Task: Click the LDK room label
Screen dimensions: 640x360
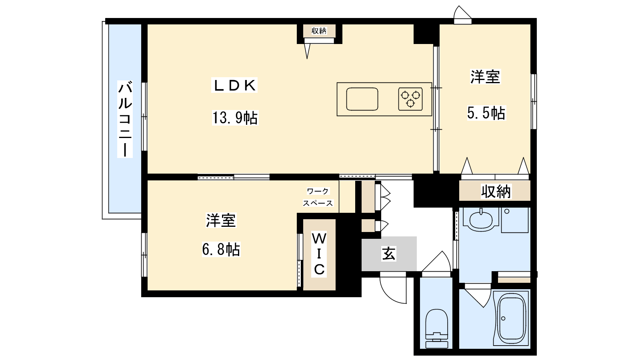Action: pyautogui.click(x=234, y=85)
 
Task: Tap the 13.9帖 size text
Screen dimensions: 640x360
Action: pyautogui.click(x=235, y=118)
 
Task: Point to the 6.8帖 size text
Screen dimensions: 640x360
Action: pyautogui.click(x=221, y=249)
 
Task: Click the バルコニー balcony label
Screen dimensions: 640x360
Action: pyautogui.click(x=125, y=119)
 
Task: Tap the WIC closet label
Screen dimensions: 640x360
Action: pyautogui.click(x=319, y=254)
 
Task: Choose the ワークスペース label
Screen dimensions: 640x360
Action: pyautogui.click(x=318, y=197)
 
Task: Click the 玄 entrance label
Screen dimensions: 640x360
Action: pyautogui.click(x=388, y=254)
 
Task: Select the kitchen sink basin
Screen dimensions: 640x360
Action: pyautogui.click(x=362, y=99)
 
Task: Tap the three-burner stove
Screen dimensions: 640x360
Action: pyautogui.click(x=410, y=99)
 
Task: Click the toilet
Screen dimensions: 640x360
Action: pyautogui.click(x=436, y=328)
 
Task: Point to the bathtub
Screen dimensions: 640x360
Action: pyautogui.click(x=512, y=318)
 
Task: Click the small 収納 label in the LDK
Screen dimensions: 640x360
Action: pyautogui.click(x=319, y=31)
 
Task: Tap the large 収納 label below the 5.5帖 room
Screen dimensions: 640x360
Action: pyautogui.click(x=496, y=192)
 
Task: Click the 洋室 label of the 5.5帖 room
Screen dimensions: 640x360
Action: pyautogui.click(x=485, y=77)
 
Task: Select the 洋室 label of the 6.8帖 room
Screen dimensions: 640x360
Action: pyautogui.click(x=221, y=220)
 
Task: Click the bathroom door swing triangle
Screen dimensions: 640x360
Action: pyautogui.click(x=478, y=297)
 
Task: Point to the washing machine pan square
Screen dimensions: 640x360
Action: pyautogui.click(x=514, y=220)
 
